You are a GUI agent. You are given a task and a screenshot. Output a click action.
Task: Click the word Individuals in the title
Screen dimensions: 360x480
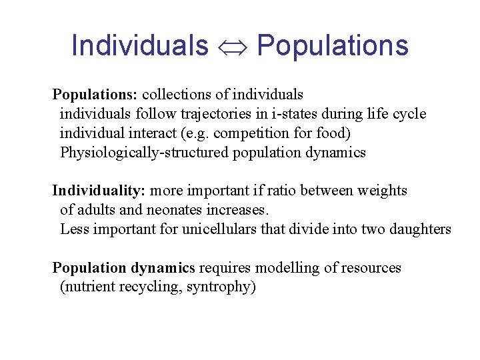(139, 46)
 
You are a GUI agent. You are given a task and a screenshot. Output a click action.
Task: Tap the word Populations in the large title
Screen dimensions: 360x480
(332, 46)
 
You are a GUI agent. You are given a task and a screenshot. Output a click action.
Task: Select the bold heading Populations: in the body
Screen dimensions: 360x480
(95, 95)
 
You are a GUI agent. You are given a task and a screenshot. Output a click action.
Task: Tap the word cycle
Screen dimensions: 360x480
(409, 114)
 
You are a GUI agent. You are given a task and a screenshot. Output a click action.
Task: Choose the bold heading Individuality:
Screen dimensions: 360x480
(99, 191)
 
